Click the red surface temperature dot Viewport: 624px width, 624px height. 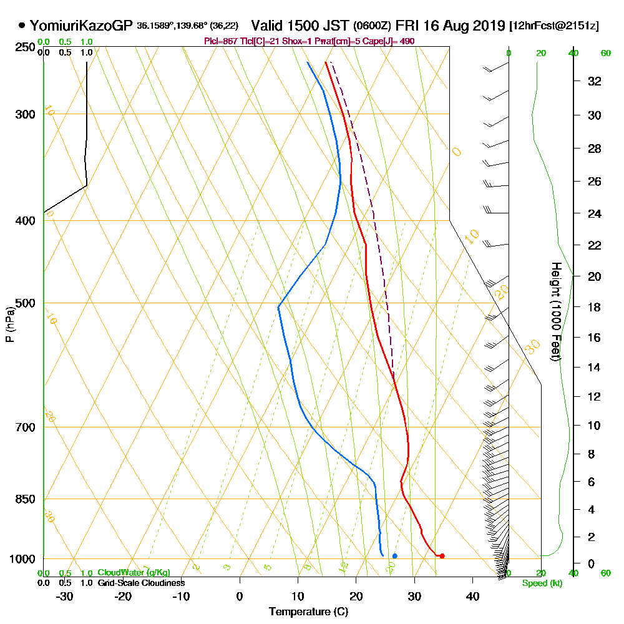(442, 555)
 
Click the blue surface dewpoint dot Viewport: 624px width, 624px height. (394, 555)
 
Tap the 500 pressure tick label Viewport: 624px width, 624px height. (25, 303)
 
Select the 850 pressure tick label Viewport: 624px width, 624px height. (25, 499)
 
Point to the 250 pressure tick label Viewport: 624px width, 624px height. (25, 47)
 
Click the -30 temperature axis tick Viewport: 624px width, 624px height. (65, 596)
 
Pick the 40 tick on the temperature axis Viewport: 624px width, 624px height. (472, 596)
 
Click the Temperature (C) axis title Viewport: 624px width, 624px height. (308, 612)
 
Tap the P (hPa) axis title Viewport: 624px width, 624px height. (9, 324)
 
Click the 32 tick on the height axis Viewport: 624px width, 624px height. (595, 81)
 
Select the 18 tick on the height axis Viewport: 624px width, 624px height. (595, 307)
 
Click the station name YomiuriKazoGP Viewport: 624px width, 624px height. (81, 26)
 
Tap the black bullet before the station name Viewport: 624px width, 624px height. (22, 26)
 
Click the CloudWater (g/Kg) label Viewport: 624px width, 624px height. (134, 572)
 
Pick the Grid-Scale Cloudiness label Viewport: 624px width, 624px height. (140, 583)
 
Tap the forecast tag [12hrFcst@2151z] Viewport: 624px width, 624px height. (554, 26)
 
